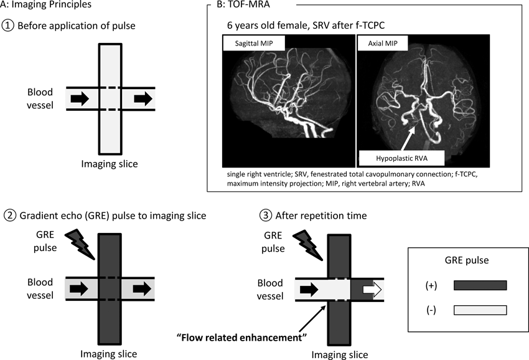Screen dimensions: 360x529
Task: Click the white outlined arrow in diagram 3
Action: pyautogui.click(x=370, y=289)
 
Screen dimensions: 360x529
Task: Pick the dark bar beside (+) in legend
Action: pyautogui.click(x=480, y=285)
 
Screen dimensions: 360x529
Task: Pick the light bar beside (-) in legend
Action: pyautogui.click(x=480, y=310)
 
